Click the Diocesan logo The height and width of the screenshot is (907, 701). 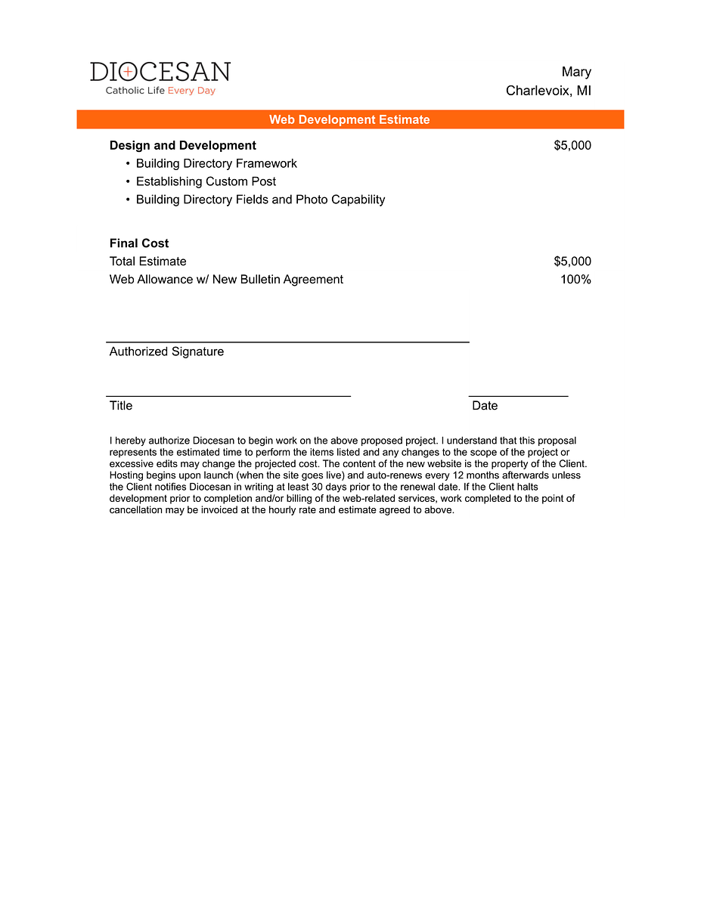point(160,72)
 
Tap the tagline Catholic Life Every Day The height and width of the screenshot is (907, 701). point(160,91)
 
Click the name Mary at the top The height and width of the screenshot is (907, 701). point(576,72)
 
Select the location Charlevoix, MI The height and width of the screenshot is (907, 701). point(548,91)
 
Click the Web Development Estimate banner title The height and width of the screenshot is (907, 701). point(349,119)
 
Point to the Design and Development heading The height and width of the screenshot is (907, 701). point(183,145)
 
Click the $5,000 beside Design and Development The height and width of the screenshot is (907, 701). point(572,145)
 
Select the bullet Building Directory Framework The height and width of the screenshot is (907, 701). point(216,163)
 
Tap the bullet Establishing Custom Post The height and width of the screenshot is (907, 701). point(206,181)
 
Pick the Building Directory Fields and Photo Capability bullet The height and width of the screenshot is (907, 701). point(260,200)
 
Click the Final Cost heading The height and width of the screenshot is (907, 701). point(139,243)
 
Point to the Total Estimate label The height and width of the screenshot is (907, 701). point(148,262)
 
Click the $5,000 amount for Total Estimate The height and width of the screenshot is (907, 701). point(572,262)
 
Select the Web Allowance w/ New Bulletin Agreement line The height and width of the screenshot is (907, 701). point(226,280)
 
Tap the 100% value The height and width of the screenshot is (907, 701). point(575,280)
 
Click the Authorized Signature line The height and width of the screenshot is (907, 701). point(287,342)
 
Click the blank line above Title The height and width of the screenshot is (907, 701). point(228,395)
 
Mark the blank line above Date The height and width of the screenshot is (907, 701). point(518,395)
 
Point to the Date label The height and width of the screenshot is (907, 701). point(485,406)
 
